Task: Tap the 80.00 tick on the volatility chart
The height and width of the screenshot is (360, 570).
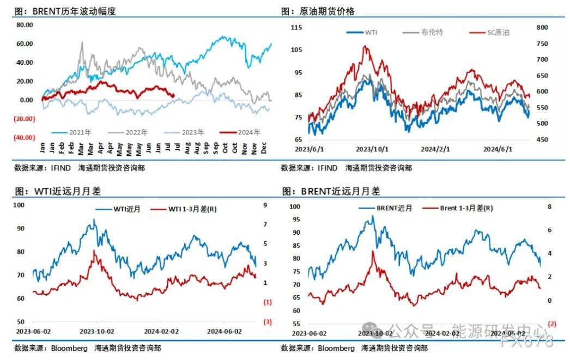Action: [25, 25]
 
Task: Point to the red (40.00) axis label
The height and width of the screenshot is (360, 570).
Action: [25, 138]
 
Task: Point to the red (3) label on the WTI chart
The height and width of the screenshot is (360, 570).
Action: [268, 322]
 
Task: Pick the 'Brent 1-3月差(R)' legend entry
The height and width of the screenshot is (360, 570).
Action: [466, 208]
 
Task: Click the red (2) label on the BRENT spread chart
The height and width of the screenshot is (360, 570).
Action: [552, 324]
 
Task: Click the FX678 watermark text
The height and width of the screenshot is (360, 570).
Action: [526, 342]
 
